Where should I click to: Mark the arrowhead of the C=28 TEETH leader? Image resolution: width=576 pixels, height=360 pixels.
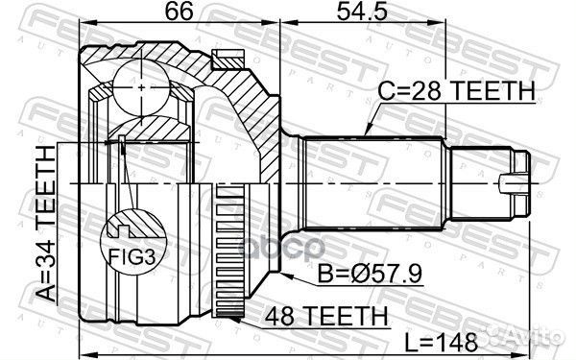(x=367, y=132)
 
